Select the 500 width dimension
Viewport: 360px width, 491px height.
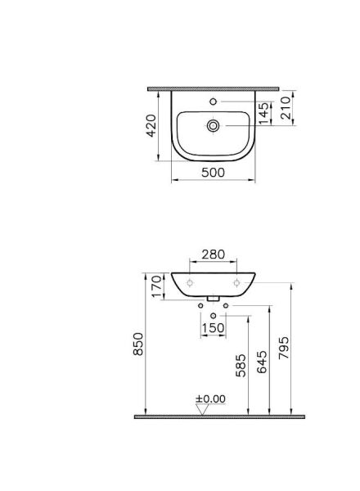(214, 173)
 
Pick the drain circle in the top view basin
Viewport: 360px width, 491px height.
(214, 125)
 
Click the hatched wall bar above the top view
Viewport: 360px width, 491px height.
(214, 88)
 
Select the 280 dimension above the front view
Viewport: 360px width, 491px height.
(213, 255)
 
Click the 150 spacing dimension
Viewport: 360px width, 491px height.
(213, 328)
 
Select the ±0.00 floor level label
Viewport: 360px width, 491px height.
(210, 399)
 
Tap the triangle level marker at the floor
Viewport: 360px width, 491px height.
(201, 410)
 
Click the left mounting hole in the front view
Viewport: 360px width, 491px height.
(190, 282)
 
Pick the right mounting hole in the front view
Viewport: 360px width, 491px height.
(237, 282)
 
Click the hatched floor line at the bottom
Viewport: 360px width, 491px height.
(219, 417)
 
